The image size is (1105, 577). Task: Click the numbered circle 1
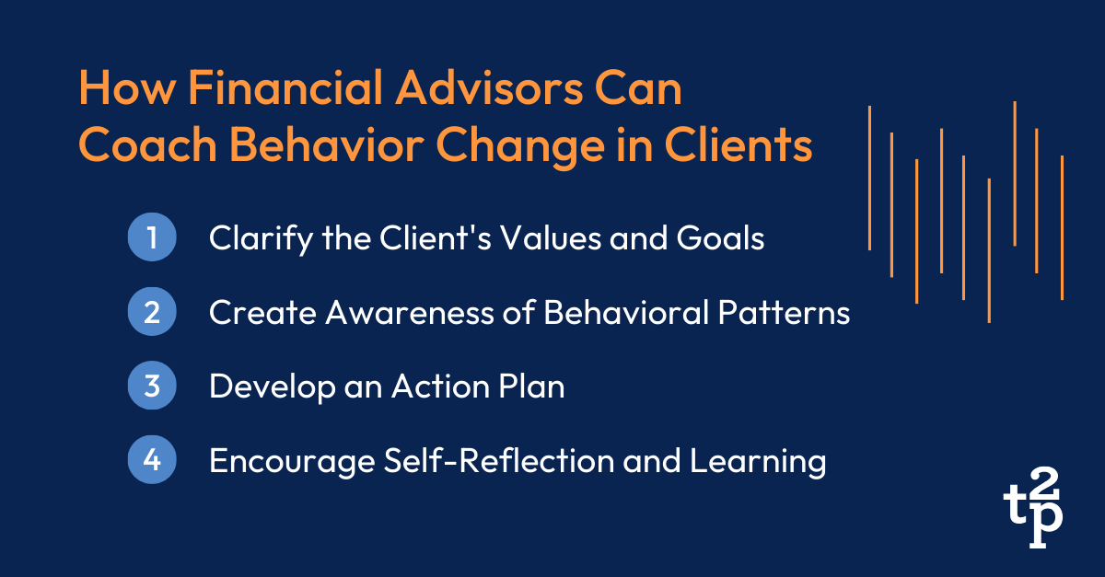150,238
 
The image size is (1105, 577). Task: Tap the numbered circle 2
150,313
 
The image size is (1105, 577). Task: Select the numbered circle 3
150,387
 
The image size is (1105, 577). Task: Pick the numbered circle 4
150,460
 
